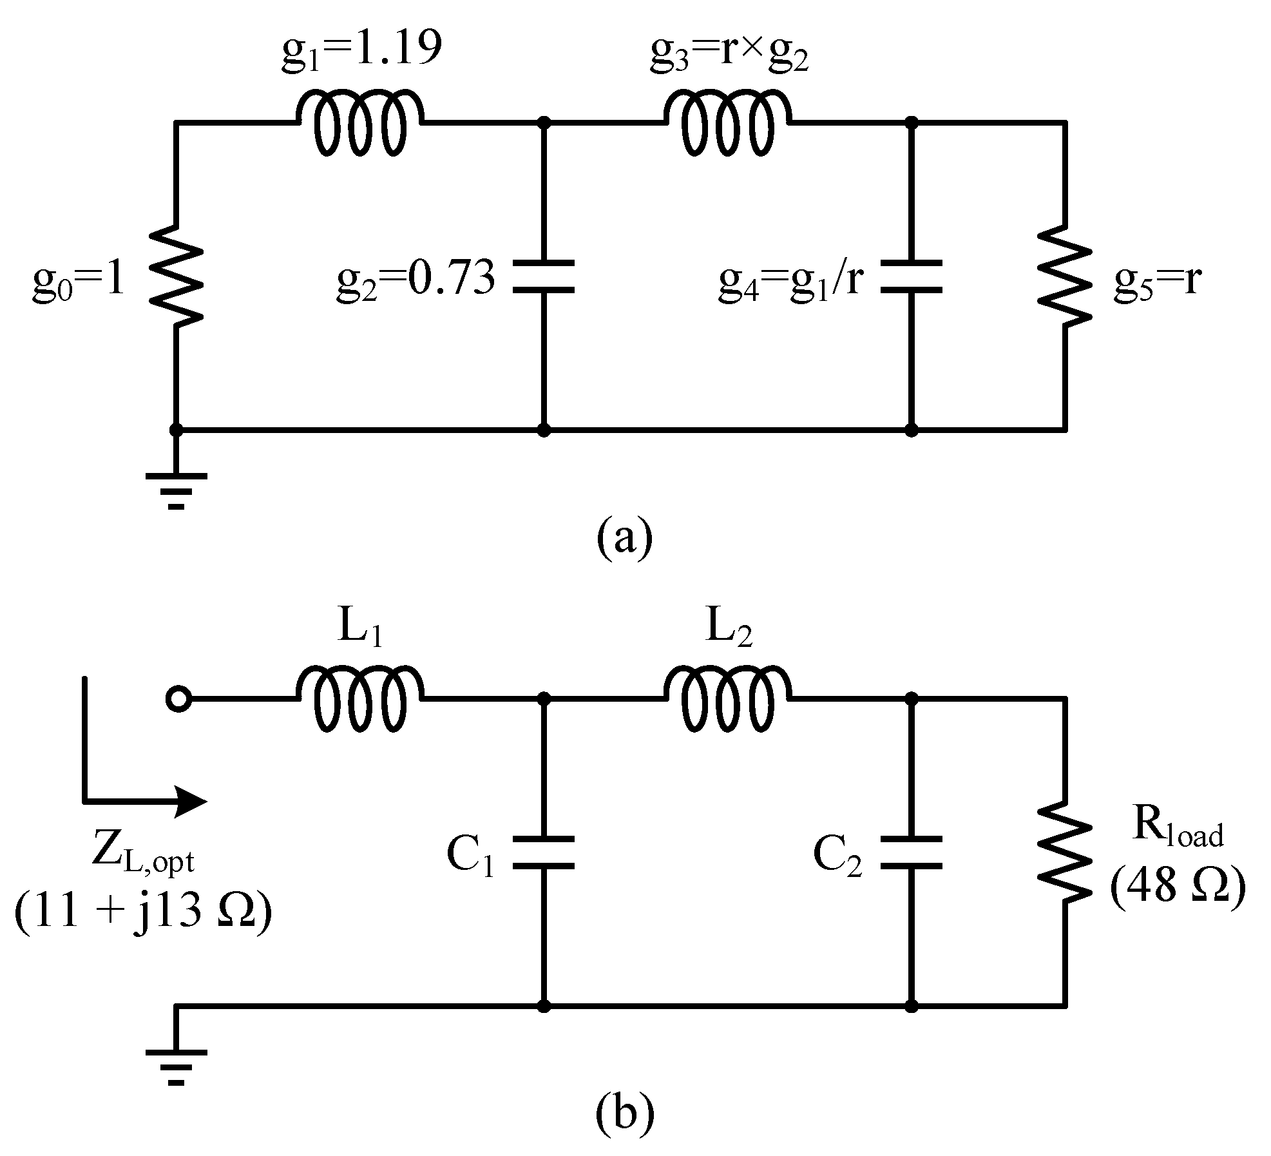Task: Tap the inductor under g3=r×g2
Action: pyautogui.click(x=727, y=122)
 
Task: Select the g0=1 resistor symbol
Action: pyautogui.click(x=177, y=276)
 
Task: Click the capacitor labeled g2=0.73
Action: pyautogui.click(x=544, y=277)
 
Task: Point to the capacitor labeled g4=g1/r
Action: pyautogui.click(x=911, y=277)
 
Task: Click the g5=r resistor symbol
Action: pyautogui.click(x=1064, y=276)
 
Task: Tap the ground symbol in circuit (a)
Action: pyautogui.click(x=177, y=490)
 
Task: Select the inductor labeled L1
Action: pyautogui.click(x=360, y=698)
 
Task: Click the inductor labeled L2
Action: pyautogui.click(x=727, y=698)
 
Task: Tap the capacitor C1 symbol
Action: pyautogui.click(x=544, y=853)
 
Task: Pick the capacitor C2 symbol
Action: pyautogui.click(x=911, y=853)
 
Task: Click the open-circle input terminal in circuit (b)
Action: pyautogui.click(x=178, y=698)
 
